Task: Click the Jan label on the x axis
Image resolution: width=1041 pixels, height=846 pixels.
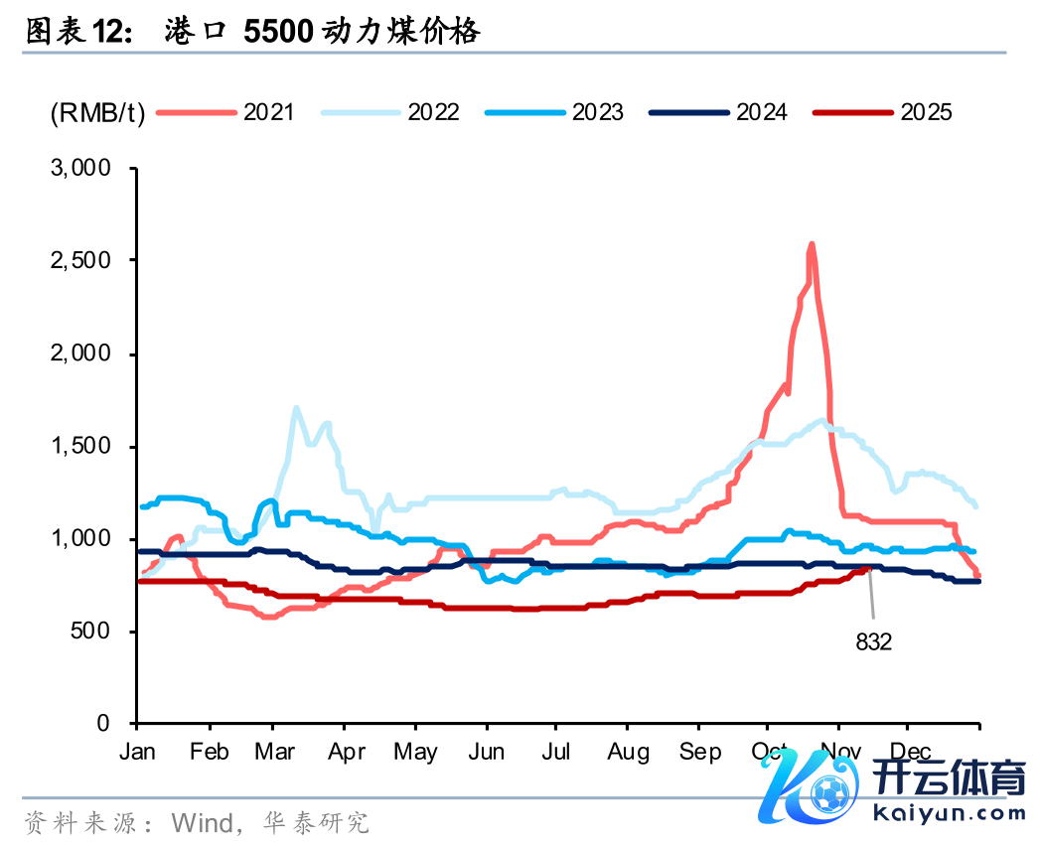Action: coord(137,752)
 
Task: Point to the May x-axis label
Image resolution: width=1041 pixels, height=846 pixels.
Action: coord(416,752)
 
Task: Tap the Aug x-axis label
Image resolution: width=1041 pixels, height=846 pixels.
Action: coord(628,752)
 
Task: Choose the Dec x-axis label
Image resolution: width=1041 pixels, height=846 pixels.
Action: coord(910,752)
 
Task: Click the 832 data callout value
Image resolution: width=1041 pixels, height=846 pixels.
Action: coord(874,642)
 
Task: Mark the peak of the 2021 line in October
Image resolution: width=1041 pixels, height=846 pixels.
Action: coord(812,243)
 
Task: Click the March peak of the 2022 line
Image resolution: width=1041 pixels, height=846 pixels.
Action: coord(296,407)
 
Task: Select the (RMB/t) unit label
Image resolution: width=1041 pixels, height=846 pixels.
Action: coord(98,112)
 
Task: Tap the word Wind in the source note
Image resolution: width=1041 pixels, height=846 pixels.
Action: coord(200,823)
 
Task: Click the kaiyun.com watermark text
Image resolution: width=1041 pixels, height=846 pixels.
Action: coord(950,813)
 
